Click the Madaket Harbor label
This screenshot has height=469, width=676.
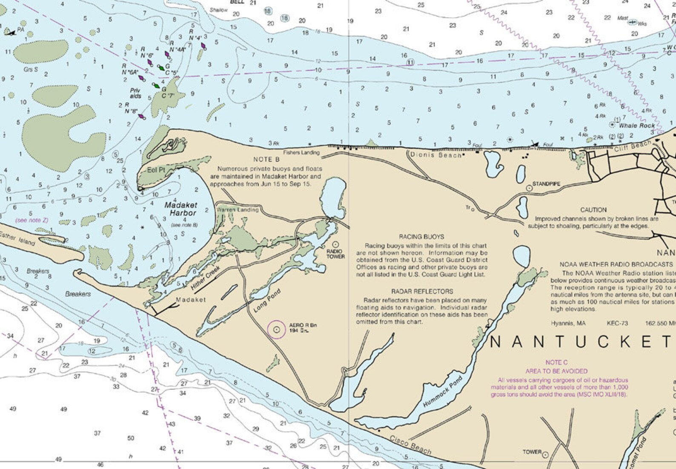[180, 209]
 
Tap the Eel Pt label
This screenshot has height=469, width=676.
[156, 170]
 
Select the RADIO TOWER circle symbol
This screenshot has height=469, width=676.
[335, 244]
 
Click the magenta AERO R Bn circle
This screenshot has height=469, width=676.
[277, 329]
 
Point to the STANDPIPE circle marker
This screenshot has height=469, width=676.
[529, 187]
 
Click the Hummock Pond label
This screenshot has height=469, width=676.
[443, 391]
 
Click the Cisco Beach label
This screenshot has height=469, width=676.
[410, 445]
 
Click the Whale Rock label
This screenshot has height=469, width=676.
[637, 126]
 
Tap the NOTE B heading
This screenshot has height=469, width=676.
[266, 159]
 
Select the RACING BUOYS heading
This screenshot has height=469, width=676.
[421, 237]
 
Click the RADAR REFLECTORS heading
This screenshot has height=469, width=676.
[422, 292]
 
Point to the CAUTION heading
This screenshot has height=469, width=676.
[593, 210]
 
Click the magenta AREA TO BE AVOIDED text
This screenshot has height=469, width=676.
[556, 371]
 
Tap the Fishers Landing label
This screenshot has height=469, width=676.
[301, 152]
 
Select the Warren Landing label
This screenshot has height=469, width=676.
[238, 210]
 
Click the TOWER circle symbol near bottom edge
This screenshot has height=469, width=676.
[545, 455]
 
